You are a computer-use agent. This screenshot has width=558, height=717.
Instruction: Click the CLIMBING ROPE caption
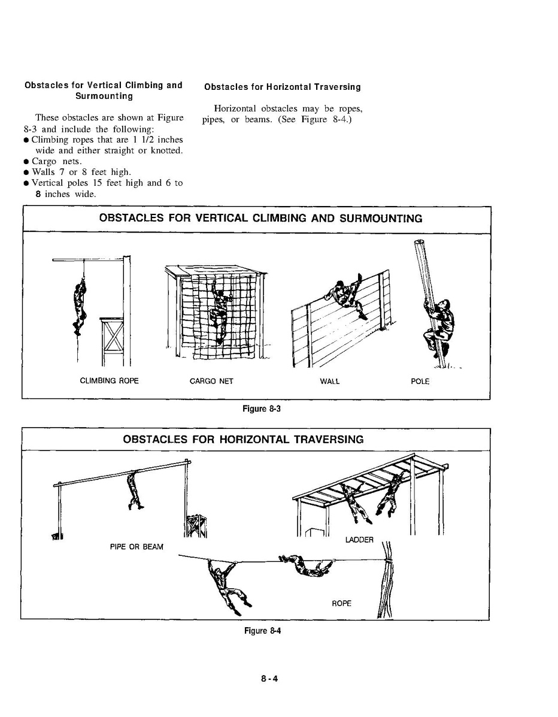109,381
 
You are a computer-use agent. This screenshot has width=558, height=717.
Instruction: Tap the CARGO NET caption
211,382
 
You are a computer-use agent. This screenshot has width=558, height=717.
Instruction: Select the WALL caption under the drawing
329,382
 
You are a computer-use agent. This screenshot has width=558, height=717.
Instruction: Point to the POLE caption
420,382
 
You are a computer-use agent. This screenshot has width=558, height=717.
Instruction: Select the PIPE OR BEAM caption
137,547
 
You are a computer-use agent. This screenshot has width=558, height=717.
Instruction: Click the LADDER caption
359,540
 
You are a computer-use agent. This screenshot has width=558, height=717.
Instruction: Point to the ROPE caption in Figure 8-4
341,603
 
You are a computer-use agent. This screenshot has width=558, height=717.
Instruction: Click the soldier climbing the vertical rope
78,305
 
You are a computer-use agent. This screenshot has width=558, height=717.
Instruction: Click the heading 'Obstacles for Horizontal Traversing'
282,87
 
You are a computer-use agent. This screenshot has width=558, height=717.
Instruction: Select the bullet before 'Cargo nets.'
27,162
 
